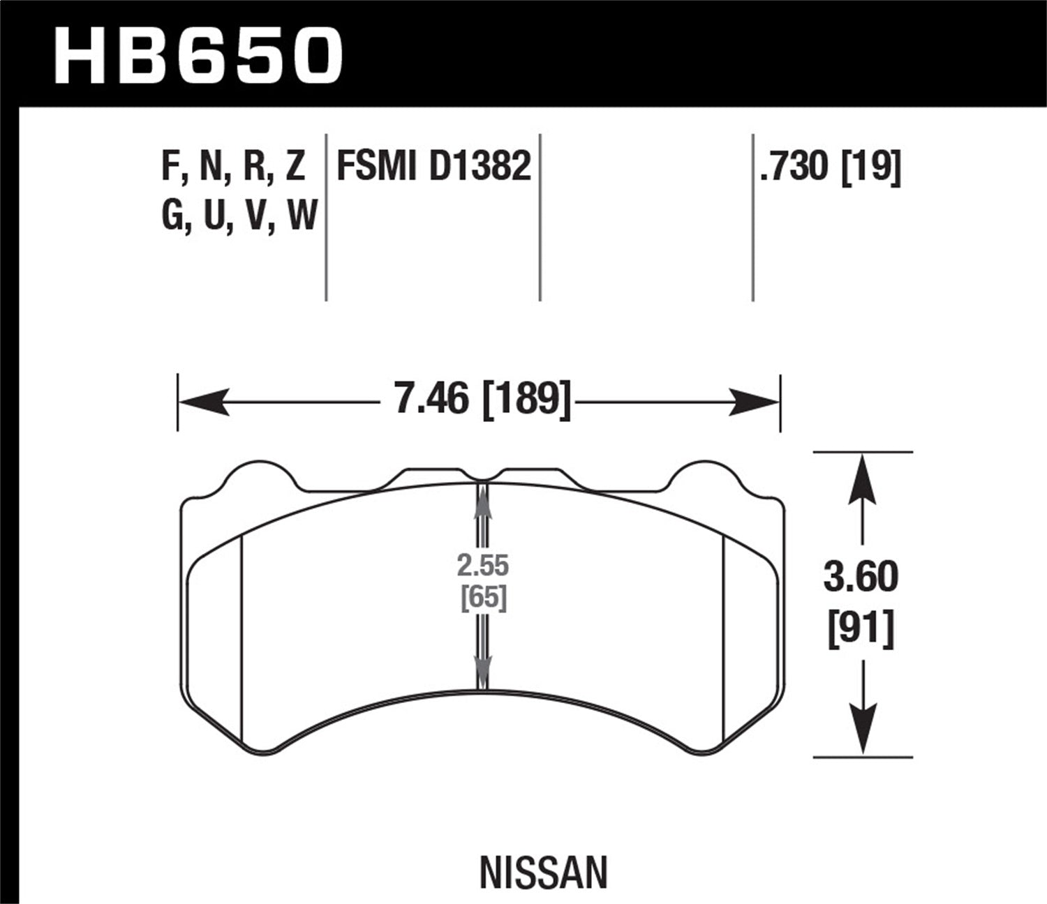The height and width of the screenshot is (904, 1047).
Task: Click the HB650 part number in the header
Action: click(x=198, y=56)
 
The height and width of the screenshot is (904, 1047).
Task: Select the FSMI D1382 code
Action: click(x=433, y=167)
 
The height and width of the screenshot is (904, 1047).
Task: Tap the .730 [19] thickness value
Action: click(x=830, y=167)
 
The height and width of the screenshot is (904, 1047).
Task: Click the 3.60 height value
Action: click(x=861, y=578)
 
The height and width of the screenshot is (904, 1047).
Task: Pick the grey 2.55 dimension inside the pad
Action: click(x=483, y=565)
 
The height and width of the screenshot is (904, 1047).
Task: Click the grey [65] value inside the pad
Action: click(x=483, y=598)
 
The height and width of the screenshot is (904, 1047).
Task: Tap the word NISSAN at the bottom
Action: click(x=544, y=873)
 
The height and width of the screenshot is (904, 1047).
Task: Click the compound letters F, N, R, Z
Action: click(x=233, y=167)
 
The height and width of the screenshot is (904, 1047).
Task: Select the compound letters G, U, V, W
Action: click(x=239, y=216)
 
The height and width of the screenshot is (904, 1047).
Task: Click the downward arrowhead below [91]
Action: click(x=863, y=729)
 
